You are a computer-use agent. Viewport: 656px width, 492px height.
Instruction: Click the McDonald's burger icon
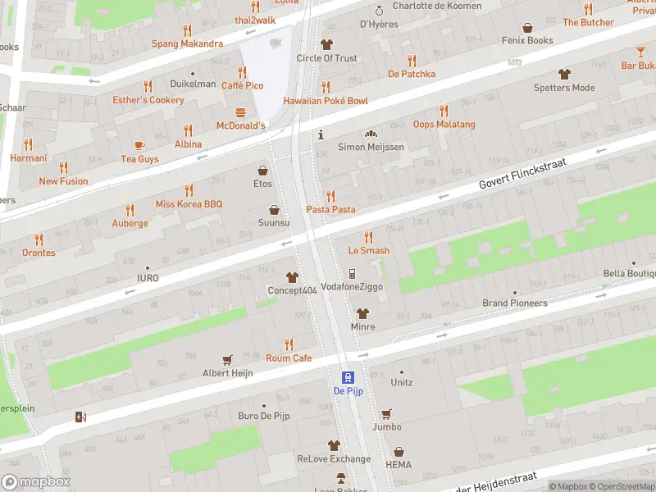tap(241, 112)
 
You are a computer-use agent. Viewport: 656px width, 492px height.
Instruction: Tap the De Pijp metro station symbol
tap(348, 378)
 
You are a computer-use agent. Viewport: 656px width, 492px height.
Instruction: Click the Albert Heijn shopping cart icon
tap(228, 359)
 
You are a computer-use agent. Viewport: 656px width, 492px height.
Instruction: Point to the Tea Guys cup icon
tap(139, 145)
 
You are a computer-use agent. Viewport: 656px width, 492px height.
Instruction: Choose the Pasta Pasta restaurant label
tap(330, 210)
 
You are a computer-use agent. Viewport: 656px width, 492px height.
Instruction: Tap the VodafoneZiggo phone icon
tap(352, 274)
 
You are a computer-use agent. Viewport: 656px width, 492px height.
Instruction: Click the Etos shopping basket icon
tap(262, 171)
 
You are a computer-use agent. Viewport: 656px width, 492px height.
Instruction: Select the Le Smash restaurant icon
tap(368, 237)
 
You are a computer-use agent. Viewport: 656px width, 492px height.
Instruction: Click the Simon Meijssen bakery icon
tap(371, 134)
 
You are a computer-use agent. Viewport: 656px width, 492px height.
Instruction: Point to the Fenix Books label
tap(529, 40)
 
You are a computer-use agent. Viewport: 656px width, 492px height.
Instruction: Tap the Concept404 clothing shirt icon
tap(291, 278)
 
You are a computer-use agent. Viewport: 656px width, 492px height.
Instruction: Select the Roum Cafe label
tap(289, 358)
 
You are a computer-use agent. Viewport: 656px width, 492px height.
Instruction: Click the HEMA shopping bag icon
tap(399, 452)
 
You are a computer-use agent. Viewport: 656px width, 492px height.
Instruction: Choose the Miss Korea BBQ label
tap(189, 204)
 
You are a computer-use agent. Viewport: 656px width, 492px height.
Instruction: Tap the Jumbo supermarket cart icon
tap(386, 413)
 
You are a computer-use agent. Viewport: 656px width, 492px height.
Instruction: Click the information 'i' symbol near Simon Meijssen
tap(321, 134)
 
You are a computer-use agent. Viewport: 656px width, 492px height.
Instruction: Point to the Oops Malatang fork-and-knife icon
tap(444, 111)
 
